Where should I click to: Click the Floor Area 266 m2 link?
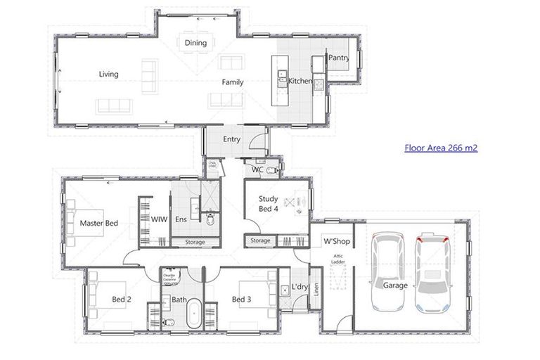click(x=441, y=148)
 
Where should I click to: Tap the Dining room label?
click(x=195, y=43)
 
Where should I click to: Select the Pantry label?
click(x=339, y=58)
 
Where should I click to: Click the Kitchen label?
click(x=300, y=82)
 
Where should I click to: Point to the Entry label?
click(x=231, y=139)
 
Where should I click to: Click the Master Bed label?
click(x=98, y=223)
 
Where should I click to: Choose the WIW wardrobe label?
click(x=160, y=219)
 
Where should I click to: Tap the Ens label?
click(x=180, y=219)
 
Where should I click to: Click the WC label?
click(x=257, y=169)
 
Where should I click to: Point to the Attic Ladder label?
click(x=338, y=259)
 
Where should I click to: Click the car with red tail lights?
click(x=431, y=271)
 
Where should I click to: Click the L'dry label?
click(x=300, y=288)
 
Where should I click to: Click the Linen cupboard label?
click(x=316, y=290)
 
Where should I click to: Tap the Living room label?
click(x=108, y=74)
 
